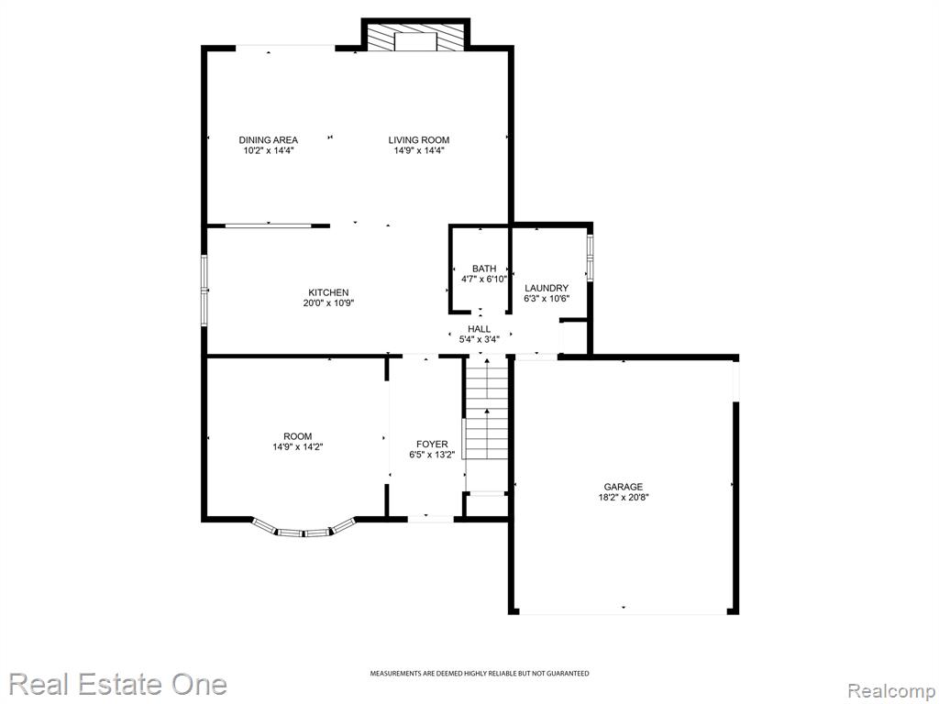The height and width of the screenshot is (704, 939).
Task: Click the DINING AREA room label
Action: point(269,140)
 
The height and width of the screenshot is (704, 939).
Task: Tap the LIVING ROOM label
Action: point(418,140)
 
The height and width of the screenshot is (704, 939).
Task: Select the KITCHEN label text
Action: point(328,292)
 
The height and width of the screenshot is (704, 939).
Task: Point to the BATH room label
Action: point(484,269)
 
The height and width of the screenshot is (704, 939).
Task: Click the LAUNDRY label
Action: point(547,288)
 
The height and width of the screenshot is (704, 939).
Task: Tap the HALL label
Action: point(479,329)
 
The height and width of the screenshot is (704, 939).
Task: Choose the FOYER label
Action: point(432,445)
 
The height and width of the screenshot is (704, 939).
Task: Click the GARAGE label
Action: point(623,487)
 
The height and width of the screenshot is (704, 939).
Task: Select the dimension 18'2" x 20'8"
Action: point(623,497)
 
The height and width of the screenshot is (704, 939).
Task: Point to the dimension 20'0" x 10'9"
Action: point(328,302)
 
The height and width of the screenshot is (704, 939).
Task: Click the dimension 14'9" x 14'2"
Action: point(298,446)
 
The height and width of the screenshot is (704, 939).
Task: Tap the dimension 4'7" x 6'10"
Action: point(484,279)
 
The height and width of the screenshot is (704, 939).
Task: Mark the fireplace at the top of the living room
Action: point(415,36)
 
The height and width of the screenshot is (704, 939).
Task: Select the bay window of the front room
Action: point(304,529)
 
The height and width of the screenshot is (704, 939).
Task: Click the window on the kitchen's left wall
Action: point(204,291)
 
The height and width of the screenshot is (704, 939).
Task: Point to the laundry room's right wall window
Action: point(590,258)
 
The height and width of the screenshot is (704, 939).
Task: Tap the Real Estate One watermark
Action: point(117,684)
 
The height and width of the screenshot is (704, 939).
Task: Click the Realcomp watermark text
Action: point(891,691)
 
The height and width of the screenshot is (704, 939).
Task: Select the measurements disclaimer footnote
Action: point(479,674)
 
